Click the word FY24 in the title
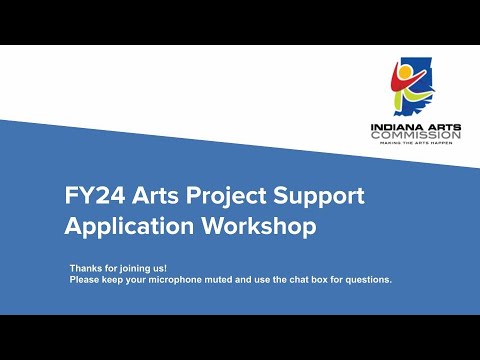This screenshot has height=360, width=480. [x=91, y=195]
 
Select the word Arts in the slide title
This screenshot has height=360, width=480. [x=151, y=195]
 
